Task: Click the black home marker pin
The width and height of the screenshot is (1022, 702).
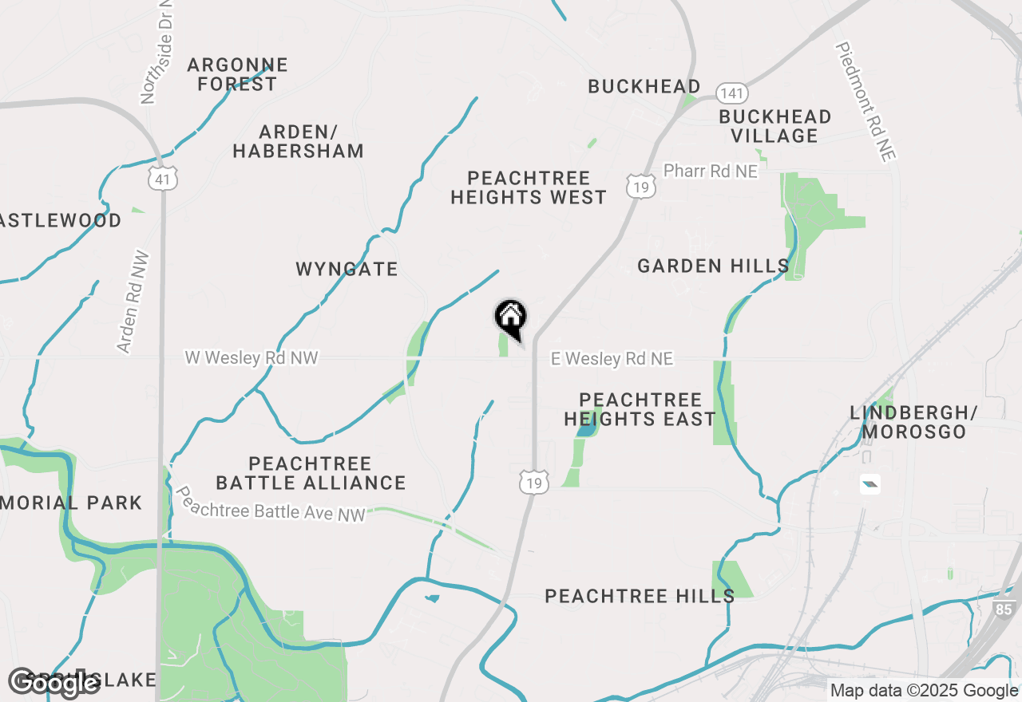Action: pyautogui.click(x=511, y=318)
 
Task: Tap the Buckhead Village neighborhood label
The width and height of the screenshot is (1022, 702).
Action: pyautogui.click(x=775, y=126)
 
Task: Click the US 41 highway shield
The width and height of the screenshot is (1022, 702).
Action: pyautogui.click(x=163, y=179)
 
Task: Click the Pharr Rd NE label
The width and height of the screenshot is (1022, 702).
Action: pyautogui.click(x=711, y=171)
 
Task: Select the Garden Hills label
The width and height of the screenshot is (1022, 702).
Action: pyautogui.click(x=713, y=266)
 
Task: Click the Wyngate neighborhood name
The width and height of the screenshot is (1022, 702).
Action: pyautogui.click(x=347, y=270)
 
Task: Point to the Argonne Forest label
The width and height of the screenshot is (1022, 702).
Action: pyautogui.click(x=237, y=74)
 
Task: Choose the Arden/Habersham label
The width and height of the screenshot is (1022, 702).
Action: pyautogui.click(x=299, y=141)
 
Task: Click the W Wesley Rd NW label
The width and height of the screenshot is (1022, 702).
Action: pyautogui.click(x=252, y=357)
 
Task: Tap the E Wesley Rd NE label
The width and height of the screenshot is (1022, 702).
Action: pyautogui.click(x=612, y=360)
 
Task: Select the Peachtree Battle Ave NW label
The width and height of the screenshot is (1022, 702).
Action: pyautogui.click(x=271, y=504)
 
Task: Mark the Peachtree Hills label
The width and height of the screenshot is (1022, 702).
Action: pyautogui.click(x=640, y=596)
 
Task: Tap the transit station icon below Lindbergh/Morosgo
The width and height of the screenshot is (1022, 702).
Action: pyautogui.click(x=870, y=483)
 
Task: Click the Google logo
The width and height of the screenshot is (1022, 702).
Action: pyautogui.click(x=54, y=682)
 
